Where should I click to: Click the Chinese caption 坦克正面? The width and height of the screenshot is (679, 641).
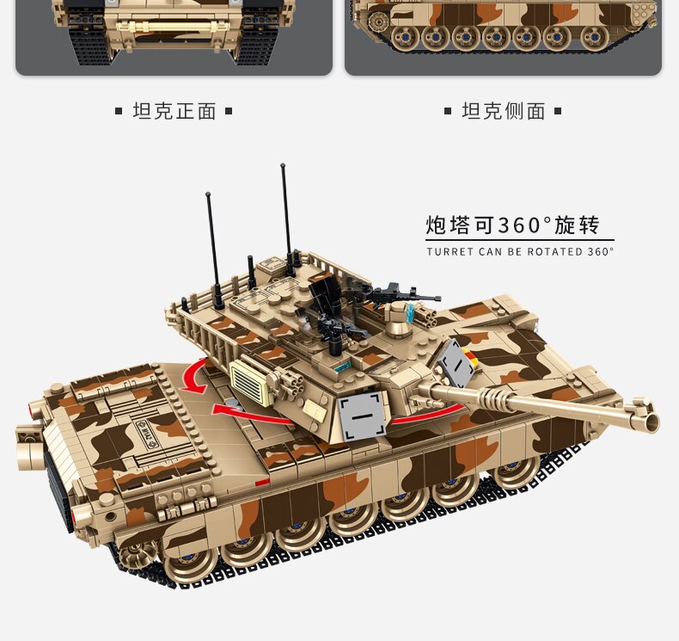[x=174, y=111]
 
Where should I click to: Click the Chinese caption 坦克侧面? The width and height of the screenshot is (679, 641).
[x=504, y=111]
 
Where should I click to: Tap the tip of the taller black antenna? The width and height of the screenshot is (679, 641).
[x=283, y=164]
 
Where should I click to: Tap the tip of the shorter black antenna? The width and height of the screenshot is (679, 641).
[x=208, y=194]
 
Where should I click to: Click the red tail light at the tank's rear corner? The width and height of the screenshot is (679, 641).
[x=81, y=515]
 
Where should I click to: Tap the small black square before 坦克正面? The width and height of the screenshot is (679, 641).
[x=119, y=111]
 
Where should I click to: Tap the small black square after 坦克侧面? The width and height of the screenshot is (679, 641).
[x=558, y=111]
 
